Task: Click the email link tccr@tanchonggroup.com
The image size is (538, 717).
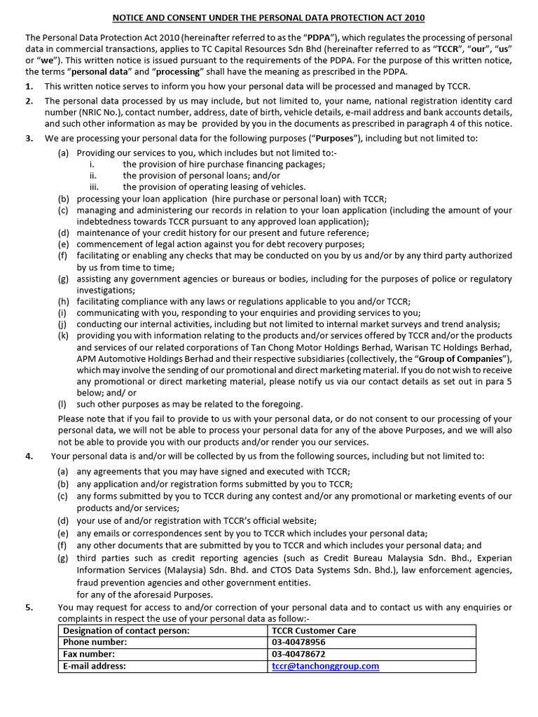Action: click(325, 666)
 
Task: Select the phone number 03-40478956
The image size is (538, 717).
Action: click(298, 642)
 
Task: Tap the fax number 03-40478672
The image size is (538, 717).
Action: click(298, 654)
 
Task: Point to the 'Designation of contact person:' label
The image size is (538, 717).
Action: click(126, 630)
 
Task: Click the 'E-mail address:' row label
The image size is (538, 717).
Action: click(95, 666)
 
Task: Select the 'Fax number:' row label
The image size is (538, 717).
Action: click(89, 654)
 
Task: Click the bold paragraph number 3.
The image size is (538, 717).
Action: click(29, 138)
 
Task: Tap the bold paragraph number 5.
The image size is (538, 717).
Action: click(29, 607)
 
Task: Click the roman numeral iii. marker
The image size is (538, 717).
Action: click(94, 187)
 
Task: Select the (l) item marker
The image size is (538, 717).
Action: click(63, 404)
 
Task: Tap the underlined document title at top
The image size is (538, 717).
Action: click(269, 18)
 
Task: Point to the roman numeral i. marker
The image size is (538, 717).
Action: click(92, 165)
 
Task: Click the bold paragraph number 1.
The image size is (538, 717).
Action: click(29, 86)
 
